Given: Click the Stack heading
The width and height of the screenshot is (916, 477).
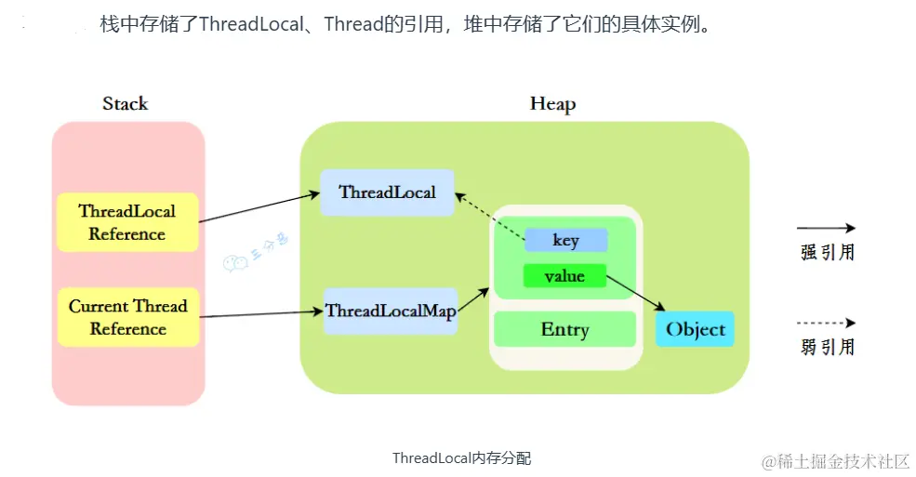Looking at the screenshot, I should (x=125, y=103).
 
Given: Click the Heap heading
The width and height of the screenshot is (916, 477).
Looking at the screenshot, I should (x=552, y=103).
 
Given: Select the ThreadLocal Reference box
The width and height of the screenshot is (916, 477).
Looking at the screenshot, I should (x=127, y=222).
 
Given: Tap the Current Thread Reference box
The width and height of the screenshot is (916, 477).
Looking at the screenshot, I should (x=127, y=317).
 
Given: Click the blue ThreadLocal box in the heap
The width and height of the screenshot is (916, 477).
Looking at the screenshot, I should (x=387, y=192).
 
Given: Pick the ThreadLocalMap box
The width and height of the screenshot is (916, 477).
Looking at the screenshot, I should (x=391, y=311).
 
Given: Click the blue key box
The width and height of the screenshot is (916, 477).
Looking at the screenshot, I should (x=565, y=240).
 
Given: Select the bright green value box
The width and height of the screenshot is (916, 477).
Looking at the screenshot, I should (x=564, y=276).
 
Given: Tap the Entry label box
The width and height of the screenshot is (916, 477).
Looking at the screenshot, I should (x=564, y=329).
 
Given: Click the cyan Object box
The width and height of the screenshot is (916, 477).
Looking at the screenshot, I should (x=695, y=329).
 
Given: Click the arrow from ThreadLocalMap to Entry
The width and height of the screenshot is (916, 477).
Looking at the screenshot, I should (x=473, y=300).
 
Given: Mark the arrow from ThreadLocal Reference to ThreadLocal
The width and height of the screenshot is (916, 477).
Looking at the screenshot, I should (x=259, y=208).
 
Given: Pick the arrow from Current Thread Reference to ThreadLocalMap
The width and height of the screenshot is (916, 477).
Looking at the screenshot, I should (x=261, y=314).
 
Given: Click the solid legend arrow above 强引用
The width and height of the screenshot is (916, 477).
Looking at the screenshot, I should (x=826, y=228).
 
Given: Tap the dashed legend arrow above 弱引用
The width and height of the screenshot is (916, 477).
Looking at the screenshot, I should (x=826, y=324).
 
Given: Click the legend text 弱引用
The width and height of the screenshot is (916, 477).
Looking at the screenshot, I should (x=827, y=348).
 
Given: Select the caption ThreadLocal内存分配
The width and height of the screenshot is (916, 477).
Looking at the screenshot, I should (x=461, y=458).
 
